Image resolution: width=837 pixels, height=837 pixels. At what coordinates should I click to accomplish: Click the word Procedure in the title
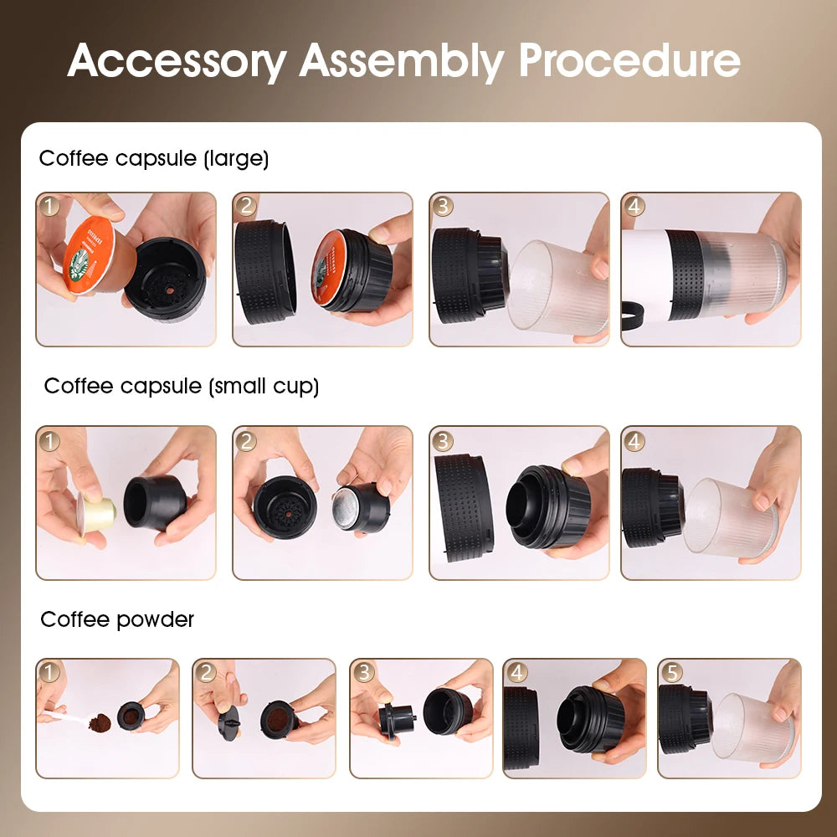coord(629,60)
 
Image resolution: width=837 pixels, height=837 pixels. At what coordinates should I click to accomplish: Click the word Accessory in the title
coord(176,60)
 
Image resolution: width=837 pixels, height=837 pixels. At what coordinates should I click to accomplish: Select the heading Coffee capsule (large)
coord(154,158)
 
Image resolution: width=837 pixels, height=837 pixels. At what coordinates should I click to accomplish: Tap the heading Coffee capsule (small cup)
coord(182,386)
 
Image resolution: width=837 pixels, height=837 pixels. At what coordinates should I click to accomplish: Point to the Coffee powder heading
coord(117,619)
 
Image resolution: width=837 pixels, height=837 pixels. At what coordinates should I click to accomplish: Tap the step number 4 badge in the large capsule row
coord(634,206)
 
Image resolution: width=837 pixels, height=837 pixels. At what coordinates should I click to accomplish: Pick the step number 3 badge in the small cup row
coord(443,440)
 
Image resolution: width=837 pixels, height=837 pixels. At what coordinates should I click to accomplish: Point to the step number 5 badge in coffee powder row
coord(671,672)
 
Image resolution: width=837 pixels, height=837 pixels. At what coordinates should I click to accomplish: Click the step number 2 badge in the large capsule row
coord(246,206)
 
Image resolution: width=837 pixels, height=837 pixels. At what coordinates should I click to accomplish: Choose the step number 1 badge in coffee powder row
coord(49,672)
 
